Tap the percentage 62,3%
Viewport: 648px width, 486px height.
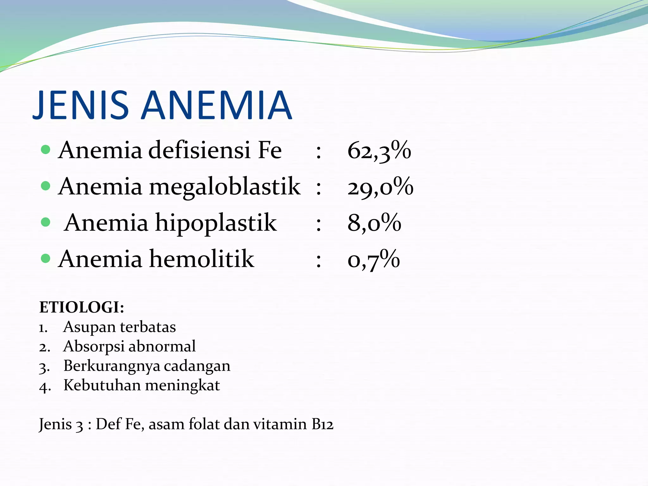click(x=379, y=151)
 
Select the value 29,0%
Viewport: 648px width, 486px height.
click(x=380, y=187)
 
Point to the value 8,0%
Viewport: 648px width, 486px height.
click(x=374, y=223)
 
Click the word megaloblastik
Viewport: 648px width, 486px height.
click(x=225, y=187)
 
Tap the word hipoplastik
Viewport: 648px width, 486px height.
click(x=216, y=223)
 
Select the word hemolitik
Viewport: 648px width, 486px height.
click(x=202, y=259)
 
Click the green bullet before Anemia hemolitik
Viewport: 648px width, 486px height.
click(x=46, y=259)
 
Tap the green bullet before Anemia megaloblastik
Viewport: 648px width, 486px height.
click(x=46, y=186)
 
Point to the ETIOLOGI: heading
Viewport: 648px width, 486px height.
click(x=82, y=307)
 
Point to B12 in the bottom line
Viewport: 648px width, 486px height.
click(x=322, y=424)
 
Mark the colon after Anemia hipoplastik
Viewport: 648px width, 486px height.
click(x=319, y=224)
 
